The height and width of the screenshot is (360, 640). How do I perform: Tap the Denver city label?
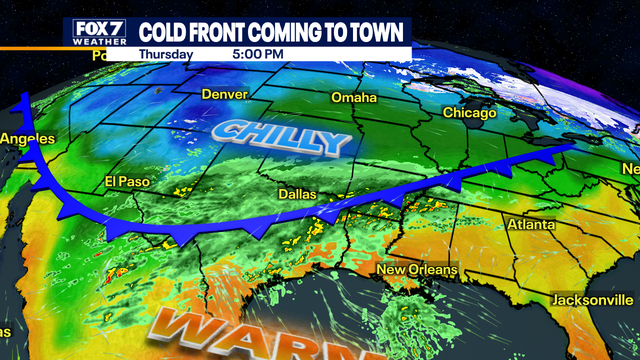224,94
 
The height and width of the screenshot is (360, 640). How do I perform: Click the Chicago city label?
469,113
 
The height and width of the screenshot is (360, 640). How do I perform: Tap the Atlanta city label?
530,225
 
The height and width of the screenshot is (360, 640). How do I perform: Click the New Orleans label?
417,270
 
